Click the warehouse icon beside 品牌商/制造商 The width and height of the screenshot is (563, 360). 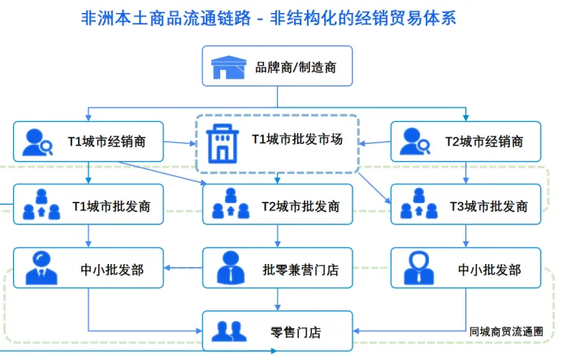pyautogui.click(x=228, y=68)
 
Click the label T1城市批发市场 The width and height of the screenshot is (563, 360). pyautogui.click(x=297, y=140)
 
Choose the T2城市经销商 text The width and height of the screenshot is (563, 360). pyautogui.click(x=483, y=141)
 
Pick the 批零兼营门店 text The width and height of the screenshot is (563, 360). pyautogui.click(x=300, y=268)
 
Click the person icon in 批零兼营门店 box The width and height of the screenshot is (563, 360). pyautogui.click(x=231, y=267)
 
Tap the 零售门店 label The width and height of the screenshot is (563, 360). pyautogui.click(x=296, y=332)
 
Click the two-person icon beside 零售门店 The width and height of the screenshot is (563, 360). pyautogui.click(x=230, y=332)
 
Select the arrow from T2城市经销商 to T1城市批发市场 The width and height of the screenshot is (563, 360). pyautogui.click(x=375, y=143)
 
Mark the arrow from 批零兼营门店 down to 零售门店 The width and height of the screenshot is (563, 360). pyautogui.click(x=278, y=299)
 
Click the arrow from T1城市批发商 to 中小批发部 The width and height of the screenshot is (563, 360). pyautogui.click(x=89, y=236)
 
